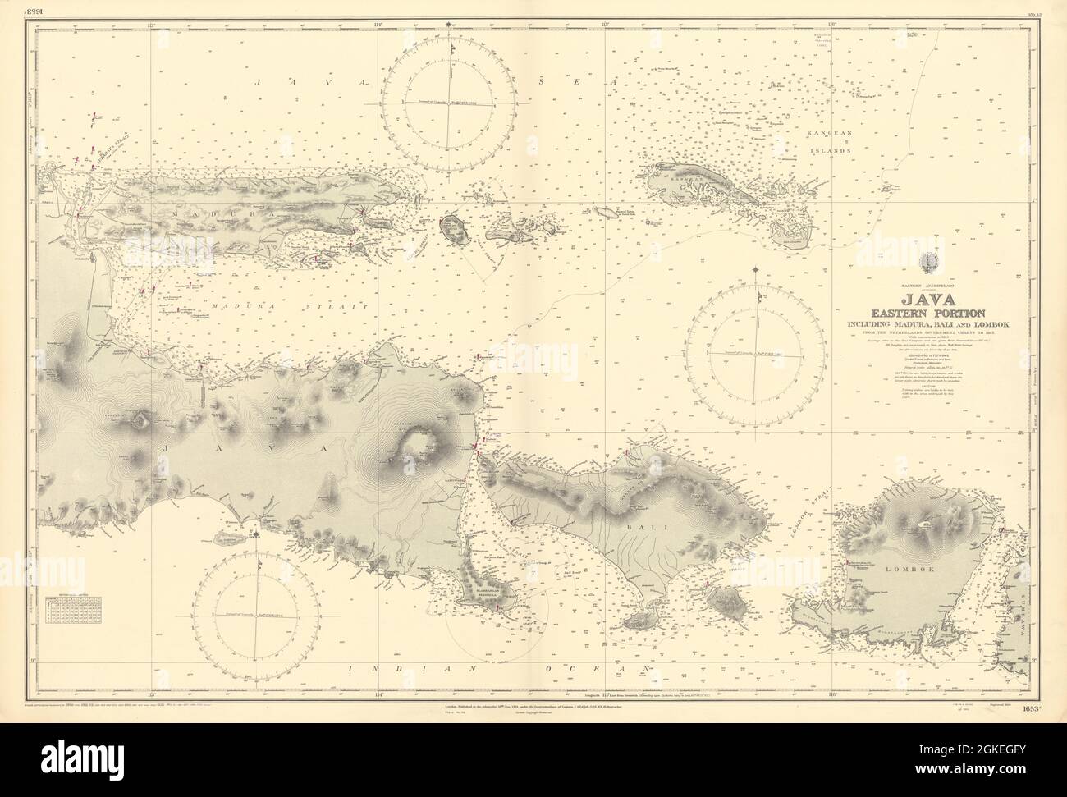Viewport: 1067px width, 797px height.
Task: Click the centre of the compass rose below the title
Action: (756, 354)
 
